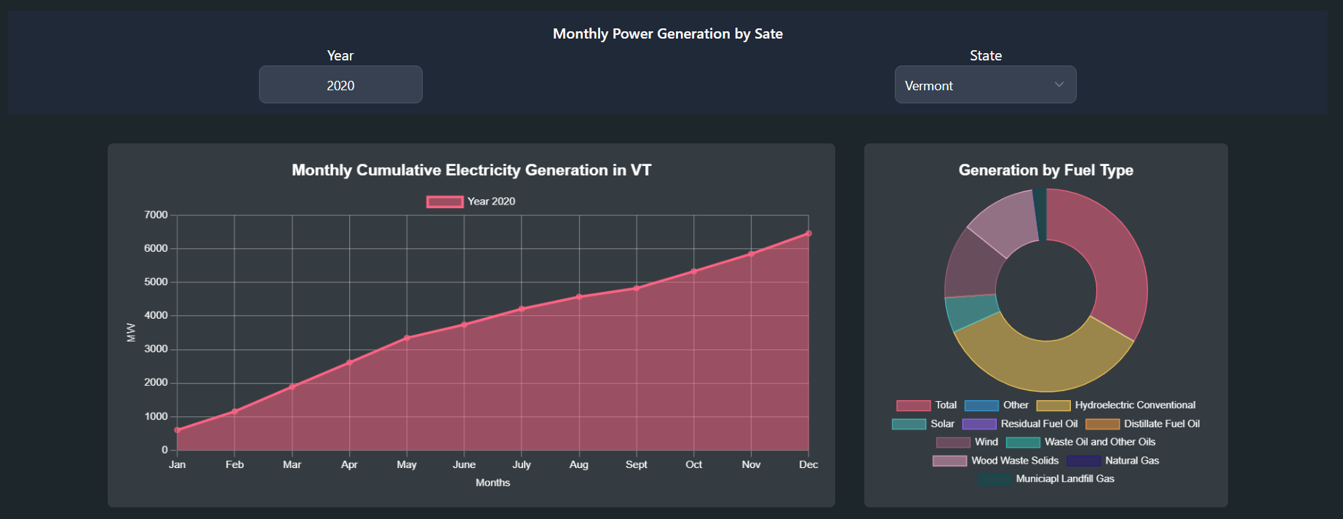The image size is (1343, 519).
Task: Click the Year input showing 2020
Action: pos(340,85)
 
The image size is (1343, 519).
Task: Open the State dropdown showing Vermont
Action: pos(985,85)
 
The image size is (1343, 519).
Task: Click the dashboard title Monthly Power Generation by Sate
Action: pos(667,33)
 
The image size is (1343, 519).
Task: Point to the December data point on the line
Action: pos(808,234)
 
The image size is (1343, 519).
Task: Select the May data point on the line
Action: pos(407,338)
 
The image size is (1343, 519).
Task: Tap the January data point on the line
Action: pos(178,430)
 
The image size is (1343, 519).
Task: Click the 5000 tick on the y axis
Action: pos(156,282)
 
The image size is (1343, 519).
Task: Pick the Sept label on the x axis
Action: pos(636,464)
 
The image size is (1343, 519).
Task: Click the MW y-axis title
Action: pos(131,333)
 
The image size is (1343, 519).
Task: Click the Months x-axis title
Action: pos(493,483)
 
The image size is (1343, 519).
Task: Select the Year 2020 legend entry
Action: pos(471,202)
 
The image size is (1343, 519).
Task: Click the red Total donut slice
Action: pos(1117,262)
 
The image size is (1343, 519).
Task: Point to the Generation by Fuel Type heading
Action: pos(1045,170)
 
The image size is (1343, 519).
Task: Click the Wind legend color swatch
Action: pos(953,442)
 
